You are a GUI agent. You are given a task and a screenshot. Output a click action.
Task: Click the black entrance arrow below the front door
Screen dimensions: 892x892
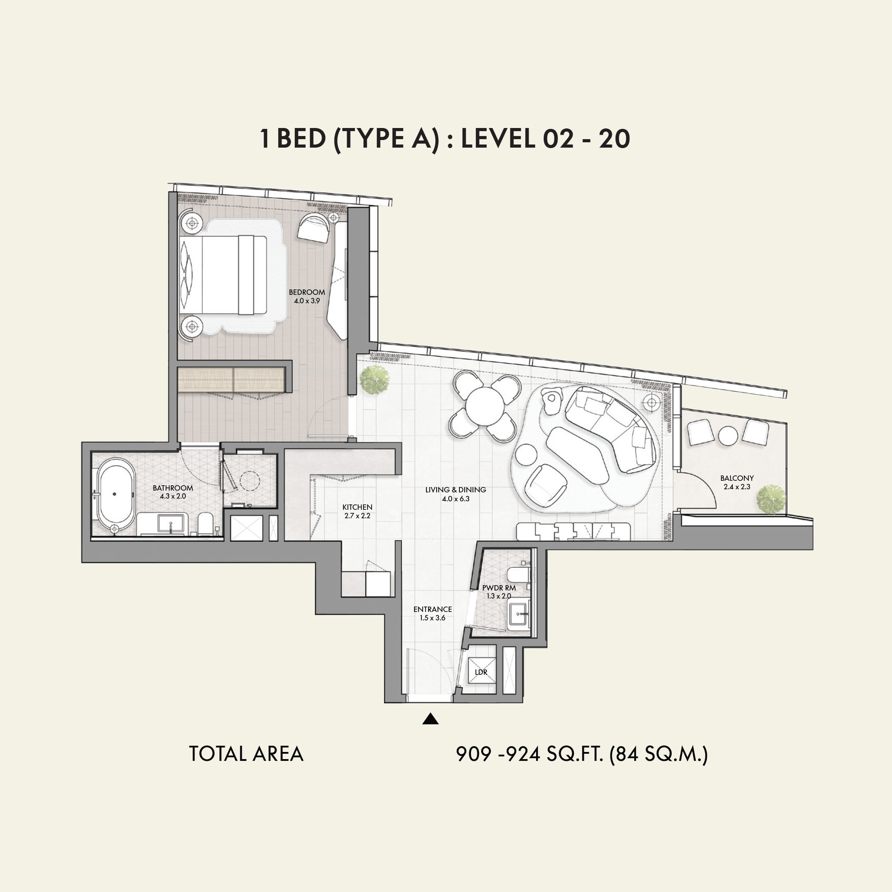click(x=430, y=719)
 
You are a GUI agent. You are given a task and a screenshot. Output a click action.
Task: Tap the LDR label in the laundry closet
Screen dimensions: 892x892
click(x=481, y=672)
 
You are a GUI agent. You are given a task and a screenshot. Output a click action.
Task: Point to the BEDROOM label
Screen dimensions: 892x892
click(x=307, y=292)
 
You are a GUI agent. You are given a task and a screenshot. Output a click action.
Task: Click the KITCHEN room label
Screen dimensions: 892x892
click(x=357, y=507)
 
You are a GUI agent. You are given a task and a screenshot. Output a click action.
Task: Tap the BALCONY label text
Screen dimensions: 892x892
click(x=737, y=478)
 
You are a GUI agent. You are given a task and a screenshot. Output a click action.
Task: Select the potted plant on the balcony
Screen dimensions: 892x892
click(x=771, y=499)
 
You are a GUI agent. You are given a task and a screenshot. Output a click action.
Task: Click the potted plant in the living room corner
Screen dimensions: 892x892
click(x=375, y=380)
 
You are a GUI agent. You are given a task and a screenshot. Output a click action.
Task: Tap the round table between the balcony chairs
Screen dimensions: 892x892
click(x=728, y=436)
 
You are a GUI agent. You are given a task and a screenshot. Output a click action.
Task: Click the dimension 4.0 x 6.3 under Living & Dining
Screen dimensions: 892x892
click(x=455, y=499)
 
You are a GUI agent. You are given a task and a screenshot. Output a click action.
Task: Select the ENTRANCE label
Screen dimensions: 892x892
click(x=433, y=609)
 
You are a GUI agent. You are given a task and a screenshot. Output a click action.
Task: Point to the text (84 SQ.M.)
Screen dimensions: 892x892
click(x=658, y=754)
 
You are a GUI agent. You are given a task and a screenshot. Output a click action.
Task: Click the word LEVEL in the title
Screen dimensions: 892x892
click(x=498, y=138)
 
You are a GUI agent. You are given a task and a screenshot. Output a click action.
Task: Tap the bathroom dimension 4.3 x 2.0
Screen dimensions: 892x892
click(x=173, y=496)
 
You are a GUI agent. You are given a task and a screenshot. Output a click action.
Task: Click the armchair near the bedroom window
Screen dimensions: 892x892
click(x=314, y=227)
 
